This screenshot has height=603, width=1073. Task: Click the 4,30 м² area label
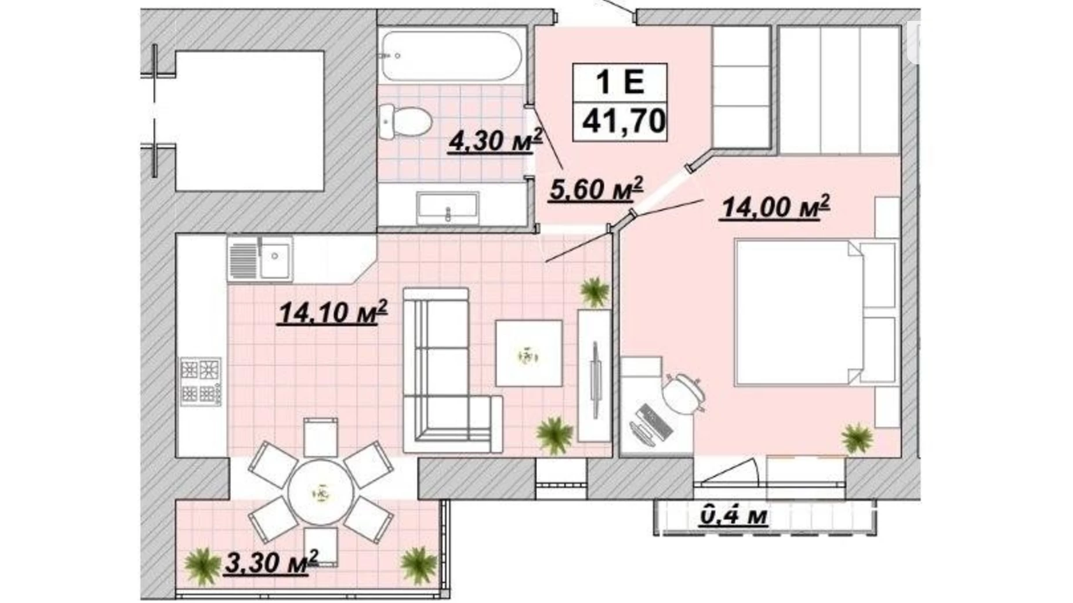pyautogui.click(x=495, y=141)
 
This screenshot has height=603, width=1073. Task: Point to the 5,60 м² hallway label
pyautogui.click(x=596, y=189)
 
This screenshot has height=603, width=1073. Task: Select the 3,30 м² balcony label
pyautogui.click(x=271, y=562)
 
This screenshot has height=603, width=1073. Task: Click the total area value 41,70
pyautogui.click(x=623, y=121)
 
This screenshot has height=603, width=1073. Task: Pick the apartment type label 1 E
pyautogui.click(x=620, y=81)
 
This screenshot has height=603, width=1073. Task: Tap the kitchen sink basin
pyautogui.click(x=275, y=255)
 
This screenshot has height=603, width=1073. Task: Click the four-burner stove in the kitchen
pyautogui.click(x=201, y=381)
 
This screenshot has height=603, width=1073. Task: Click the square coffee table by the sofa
pyautogui.click(x=528, y=353)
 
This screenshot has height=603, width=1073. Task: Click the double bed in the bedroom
pyautogui.click(x=815, y=313)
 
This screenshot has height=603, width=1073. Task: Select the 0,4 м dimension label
pyautogui.click(x=734, y=515)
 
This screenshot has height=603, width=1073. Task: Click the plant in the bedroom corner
pyautogui.click(x=857, y=438)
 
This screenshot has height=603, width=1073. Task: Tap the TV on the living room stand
pyautogui.click(x=594, y=379)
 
